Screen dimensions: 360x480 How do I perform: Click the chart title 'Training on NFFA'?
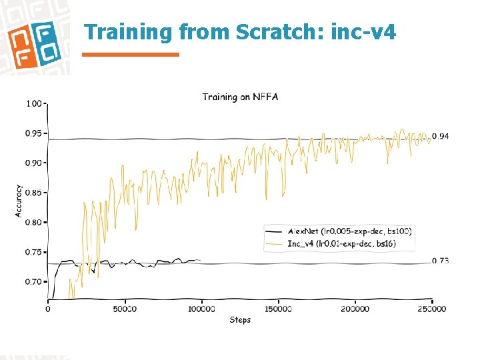tap(240, 97)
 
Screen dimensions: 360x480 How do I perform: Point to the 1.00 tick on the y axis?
tap(33, 104)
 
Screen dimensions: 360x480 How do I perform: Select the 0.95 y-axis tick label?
tap(33, 133)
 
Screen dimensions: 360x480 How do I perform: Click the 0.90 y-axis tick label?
tap(33, 163)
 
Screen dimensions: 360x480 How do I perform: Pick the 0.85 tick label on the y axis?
tap(33, 193)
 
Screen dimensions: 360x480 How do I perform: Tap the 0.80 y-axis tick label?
tap(33, 223)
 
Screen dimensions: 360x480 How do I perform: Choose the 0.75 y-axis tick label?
tap(33, 252)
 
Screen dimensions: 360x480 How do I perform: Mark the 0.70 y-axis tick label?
tap(33, 282)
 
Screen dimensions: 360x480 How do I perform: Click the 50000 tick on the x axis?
tap(125, 309)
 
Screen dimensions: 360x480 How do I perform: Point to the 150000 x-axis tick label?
tap(278, 309)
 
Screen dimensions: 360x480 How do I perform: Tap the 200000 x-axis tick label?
tap(355, 309)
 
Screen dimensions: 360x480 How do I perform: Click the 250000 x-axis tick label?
tap(432, 309)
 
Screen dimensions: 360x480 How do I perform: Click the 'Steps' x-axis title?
tap(240, 320)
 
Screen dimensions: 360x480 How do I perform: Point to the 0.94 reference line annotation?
tap(440, 136)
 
